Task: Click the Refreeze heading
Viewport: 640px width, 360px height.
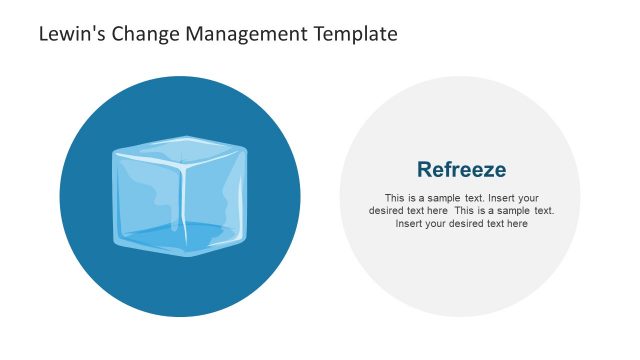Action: tap(461, 169)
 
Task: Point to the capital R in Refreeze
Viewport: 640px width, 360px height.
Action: tap(424, 169)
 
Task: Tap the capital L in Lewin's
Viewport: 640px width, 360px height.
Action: tap(43, 34)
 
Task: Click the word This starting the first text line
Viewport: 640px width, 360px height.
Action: tap(394, 197)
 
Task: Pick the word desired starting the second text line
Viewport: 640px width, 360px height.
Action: tap(385, 211)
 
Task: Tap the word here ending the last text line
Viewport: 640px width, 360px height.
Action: tap(517, 224)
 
